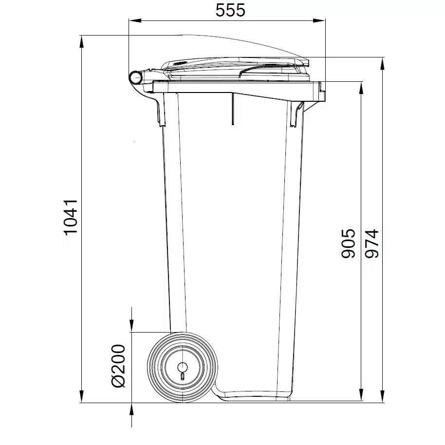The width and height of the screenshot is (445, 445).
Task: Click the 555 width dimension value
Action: tap(230, 10)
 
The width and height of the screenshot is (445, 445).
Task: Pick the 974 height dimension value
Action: tap(372, 243)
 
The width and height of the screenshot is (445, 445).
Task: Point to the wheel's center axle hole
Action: tap(182, 367)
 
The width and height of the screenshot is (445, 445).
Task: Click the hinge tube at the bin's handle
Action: tap(136, 77)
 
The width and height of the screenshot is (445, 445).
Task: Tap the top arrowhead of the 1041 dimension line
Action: tap(81, 41)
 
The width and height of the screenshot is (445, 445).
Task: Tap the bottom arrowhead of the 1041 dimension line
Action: tap(81, 396)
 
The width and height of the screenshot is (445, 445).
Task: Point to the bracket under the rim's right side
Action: tap(296, 114)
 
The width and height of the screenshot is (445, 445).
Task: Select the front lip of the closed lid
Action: tap(306, 62)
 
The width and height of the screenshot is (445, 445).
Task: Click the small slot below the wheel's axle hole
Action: tap(182, 376)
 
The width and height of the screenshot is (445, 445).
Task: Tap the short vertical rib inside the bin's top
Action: tap(233, 110)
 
